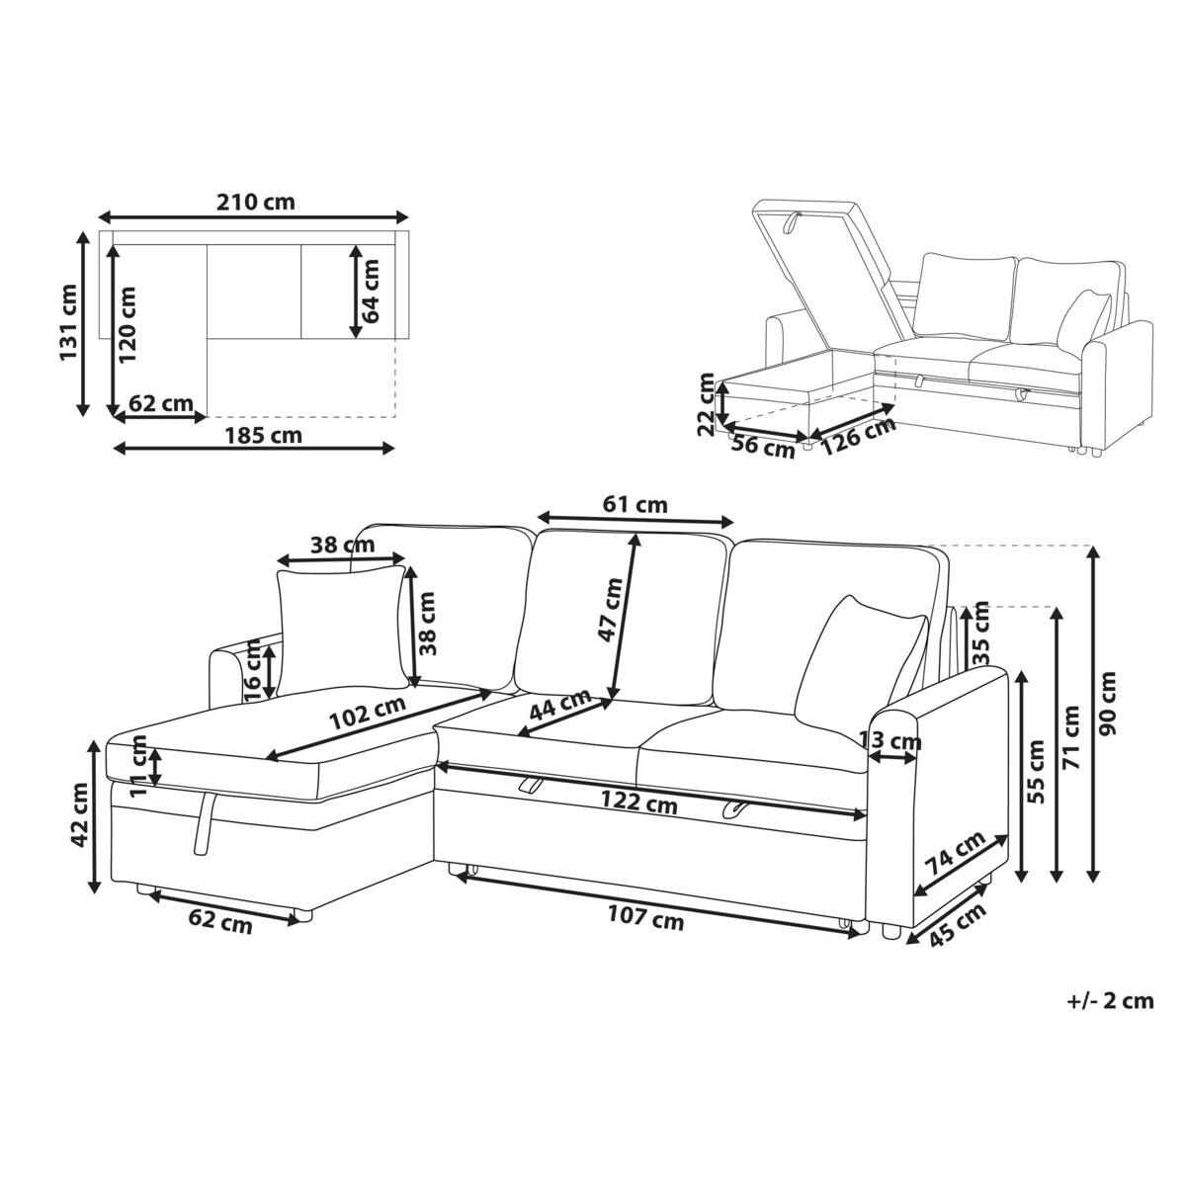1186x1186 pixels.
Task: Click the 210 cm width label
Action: click(255, 202)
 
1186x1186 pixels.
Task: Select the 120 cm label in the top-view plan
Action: click(127, 324)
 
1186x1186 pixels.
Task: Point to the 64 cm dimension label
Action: click(370, 292)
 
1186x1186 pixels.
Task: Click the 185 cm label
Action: click(263, 436)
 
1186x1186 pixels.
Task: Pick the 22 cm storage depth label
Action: click(707, 404)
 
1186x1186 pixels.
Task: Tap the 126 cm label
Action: click(858, 437)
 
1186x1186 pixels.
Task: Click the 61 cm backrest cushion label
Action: click(635, 505)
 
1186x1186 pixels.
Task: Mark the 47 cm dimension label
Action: click(613, 610)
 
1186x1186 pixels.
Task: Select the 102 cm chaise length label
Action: click(368, 713)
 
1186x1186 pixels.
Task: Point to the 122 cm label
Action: click(638, 802)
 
